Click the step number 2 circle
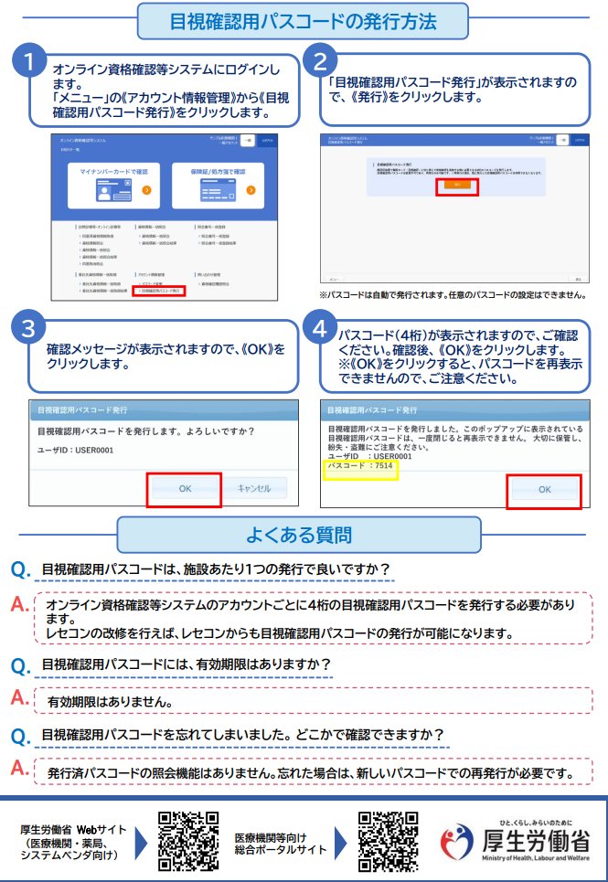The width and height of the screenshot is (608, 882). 320,62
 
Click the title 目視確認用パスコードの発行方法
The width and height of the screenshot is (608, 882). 304,19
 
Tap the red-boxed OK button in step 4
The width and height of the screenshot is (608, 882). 544,489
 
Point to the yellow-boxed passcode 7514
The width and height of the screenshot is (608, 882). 360,467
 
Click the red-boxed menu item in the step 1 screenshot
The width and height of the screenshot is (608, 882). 159,291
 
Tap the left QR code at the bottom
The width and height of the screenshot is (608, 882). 188,840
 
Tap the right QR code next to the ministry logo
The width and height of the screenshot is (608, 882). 388,840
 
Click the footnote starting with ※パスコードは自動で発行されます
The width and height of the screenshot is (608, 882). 452,295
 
